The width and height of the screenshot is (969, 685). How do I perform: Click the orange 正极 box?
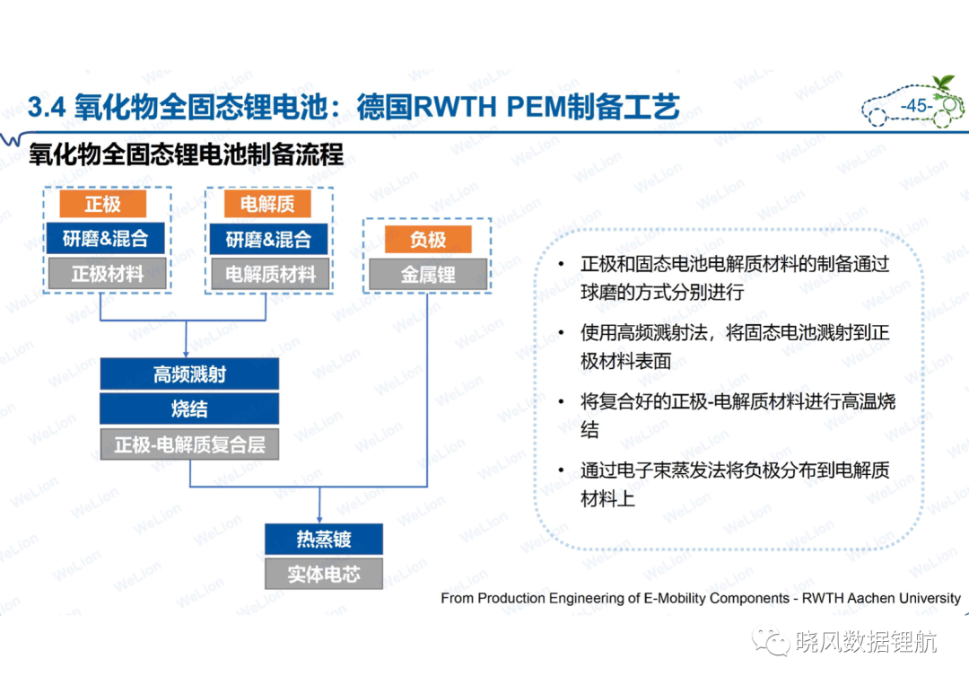click(x=102, y=204)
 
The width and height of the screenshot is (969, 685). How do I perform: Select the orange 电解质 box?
click(x=267, y=204)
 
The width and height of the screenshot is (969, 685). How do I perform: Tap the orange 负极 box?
click(x=428, y=239)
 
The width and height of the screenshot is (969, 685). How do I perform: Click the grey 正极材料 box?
click(x=107, y=274)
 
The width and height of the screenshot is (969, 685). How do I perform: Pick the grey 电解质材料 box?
click(x=269, y=274)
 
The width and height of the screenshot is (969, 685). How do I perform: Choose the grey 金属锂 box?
click(x=428, y=274)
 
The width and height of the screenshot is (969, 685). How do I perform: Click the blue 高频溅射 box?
click(x=189, y=374)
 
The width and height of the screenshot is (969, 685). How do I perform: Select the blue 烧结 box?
click(x=189, y=408)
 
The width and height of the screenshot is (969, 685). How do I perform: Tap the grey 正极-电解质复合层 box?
click(x=189, y=444)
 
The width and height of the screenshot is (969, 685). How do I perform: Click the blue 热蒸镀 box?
click(x=324, y=539)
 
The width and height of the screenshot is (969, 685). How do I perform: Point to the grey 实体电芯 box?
click(x=324, y=575)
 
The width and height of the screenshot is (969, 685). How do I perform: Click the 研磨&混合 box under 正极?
click(x=106, y=238)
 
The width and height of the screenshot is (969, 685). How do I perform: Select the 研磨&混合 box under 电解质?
click(x=268, y=239)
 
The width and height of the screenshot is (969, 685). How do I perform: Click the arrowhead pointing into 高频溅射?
click(x=186, y=354)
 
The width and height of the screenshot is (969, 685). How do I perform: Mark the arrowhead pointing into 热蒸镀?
click(x=319, y=519)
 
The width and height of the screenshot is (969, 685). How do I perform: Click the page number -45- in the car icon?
click(x=916, y=106)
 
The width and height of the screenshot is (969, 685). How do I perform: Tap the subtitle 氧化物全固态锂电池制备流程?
click(x=186, y=154)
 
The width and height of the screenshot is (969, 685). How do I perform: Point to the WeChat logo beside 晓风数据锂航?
click(x=771, y=642)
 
